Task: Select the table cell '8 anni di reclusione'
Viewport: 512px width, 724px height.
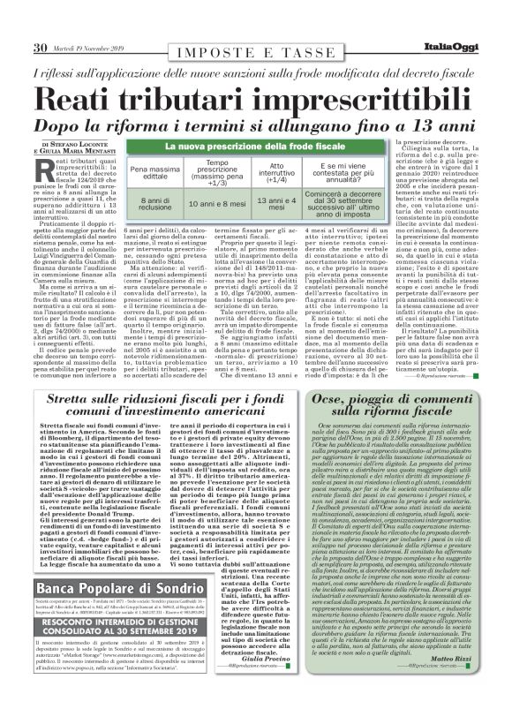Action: tap(150, 204)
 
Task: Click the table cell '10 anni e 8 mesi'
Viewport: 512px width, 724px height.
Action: tap(217, 204)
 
